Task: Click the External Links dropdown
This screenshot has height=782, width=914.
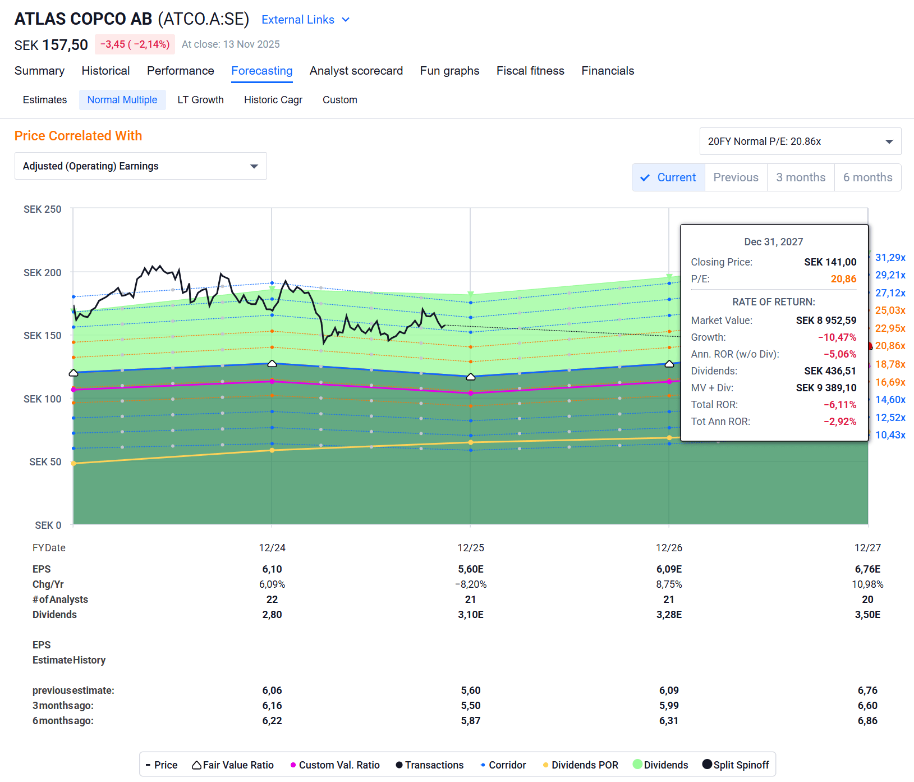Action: pos(305,20)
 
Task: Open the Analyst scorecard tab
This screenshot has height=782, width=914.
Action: pos(356,71)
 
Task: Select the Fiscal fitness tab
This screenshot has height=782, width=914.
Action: pos(530,71)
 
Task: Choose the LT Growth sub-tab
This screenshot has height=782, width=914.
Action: pos(200,100)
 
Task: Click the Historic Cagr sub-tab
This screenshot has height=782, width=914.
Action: pos(273,100)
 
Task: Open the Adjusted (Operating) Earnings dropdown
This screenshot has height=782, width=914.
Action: pos(140,166)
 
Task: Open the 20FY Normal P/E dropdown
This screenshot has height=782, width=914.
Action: pos(800,141)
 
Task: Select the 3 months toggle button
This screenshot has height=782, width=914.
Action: pos(800,177)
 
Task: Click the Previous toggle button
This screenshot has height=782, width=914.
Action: pos(735,177)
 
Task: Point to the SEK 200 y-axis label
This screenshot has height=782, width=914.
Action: pos(43,273)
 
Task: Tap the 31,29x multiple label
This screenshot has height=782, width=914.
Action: pos(890,258)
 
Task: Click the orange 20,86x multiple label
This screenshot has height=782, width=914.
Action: pos(890,346)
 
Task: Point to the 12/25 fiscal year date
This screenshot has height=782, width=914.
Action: pos(470,548)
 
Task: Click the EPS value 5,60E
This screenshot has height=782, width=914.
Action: pos(470,569)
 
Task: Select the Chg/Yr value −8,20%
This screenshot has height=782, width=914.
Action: pos(470,584)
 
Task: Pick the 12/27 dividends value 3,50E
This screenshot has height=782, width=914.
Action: pos(867,615)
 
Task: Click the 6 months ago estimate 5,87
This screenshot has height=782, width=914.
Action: pos(470,721)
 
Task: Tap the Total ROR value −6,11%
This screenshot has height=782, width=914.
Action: pos(839,405)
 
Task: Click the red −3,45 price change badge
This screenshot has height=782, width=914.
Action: pos(135,44)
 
